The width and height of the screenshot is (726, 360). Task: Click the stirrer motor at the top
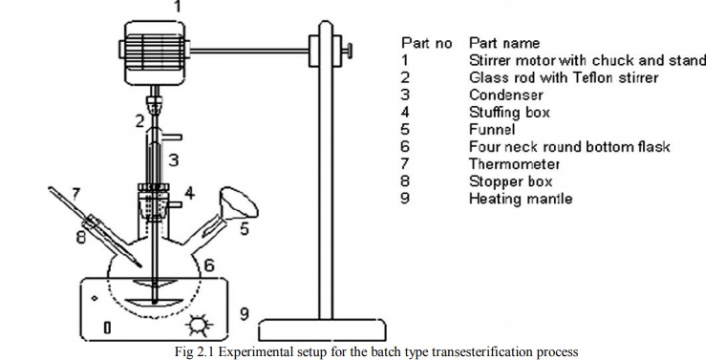[155, 53]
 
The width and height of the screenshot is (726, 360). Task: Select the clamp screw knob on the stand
[347, 51]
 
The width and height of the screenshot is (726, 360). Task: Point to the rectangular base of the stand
[322, 330]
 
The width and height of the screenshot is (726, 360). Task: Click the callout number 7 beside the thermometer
[76, 194]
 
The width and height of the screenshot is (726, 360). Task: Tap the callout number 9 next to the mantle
[244, 315]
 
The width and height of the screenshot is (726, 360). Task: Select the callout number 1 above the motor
[178, 7]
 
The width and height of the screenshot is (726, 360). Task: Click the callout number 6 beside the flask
[210, 265]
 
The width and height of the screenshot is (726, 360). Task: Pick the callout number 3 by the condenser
[174, 160]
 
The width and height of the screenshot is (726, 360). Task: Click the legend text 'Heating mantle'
[521, 199]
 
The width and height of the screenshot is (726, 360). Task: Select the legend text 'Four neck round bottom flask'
[569, 147]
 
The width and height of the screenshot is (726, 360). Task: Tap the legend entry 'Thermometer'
[514, 164]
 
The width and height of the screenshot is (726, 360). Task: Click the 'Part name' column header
[504, 43]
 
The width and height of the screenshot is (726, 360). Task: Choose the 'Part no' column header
[426, 43]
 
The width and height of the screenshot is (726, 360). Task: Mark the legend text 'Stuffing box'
[509, 113]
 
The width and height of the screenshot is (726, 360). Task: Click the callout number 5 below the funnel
[244, 228]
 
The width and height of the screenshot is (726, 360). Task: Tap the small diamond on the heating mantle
[95, 298]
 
